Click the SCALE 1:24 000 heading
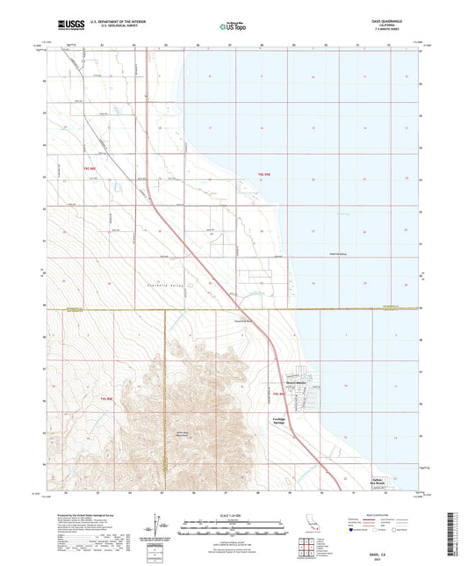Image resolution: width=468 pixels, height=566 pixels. click(x=234, y=514)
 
